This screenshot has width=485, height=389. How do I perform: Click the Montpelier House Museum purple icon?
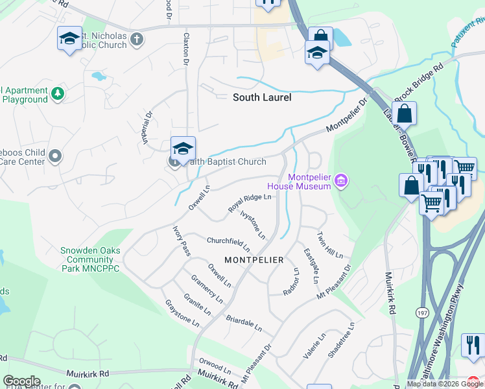(x=342, y=180)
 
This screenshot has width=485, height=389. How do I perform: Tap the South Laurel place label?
(x=262, y=98)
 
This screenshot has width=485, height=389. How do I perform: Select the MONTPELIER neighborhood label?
(x=254, y=260)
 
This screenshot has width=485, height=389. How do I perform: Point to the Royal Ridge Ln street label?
(x=249, y=203)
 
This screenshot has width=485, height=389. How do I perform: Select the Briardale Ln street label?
(x=244, y=324)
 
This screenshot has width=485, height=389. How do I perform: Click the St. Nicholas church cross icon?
(x=136, y=39)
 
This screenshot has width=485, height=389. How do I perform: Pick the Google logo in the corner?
(x=21, y=381)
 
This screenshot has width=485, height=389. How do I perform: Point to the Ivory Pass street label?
(x=181, y=241)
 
